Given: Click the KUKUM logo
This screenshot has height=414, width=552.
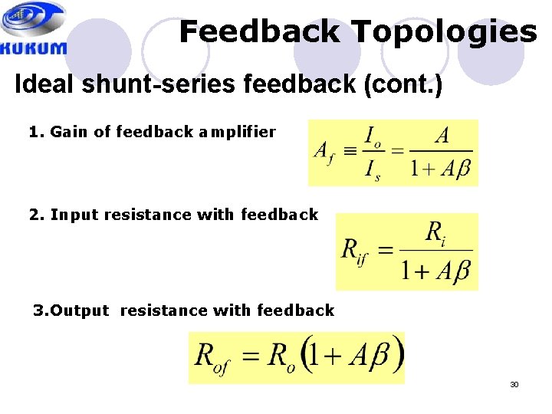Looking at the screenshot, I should click(34, 28).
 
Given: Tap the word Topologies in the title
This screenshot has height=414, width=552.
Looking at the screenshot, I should click(445, 32).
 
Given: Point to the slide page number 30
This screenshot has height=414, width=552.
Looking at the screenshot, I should click(514, 384).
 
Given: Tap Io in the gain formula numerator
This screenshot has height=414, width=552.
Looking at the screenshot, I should click(373, 138).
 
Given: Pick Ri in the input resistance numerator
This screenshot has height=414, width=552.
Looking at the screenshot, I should click(435, 232).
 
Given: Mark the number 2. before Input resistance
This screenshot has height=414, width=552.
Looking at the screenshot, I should click(35, 215).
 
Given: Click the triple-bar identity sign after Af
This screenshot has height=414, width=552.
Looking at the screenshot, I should click(350, 151).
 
